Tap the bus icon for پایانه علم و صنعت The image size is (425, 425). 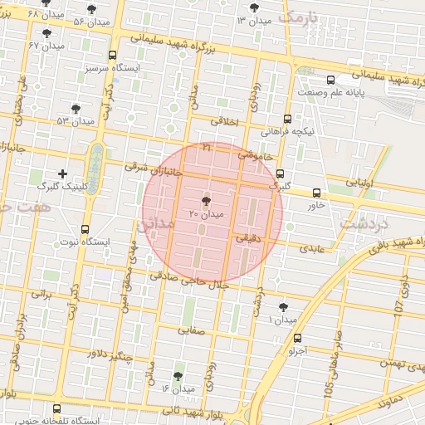tap(331, 80)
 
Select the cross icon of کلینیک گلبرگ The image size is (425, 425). tap(62, 173)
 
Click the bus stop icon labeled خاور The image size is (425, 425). tap(315, 193)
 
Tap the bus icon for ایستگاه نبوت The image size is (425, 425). tap(85, 229)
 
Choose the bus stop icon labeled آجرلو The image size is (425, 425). tap(297, 338)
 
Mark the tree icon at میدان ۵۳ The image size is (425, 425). tap(76, 108)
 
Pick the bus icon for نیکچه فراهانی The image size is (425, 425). tap(287, 119)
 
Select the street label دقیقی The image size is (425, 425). tap(249, 237)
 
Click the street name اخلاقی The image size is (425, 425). tap(224, 121)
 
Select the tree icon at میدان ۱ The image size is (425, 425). tap(284, 306)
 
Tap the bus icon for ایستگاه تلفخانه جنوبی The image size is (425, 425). tap(56, 408)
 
